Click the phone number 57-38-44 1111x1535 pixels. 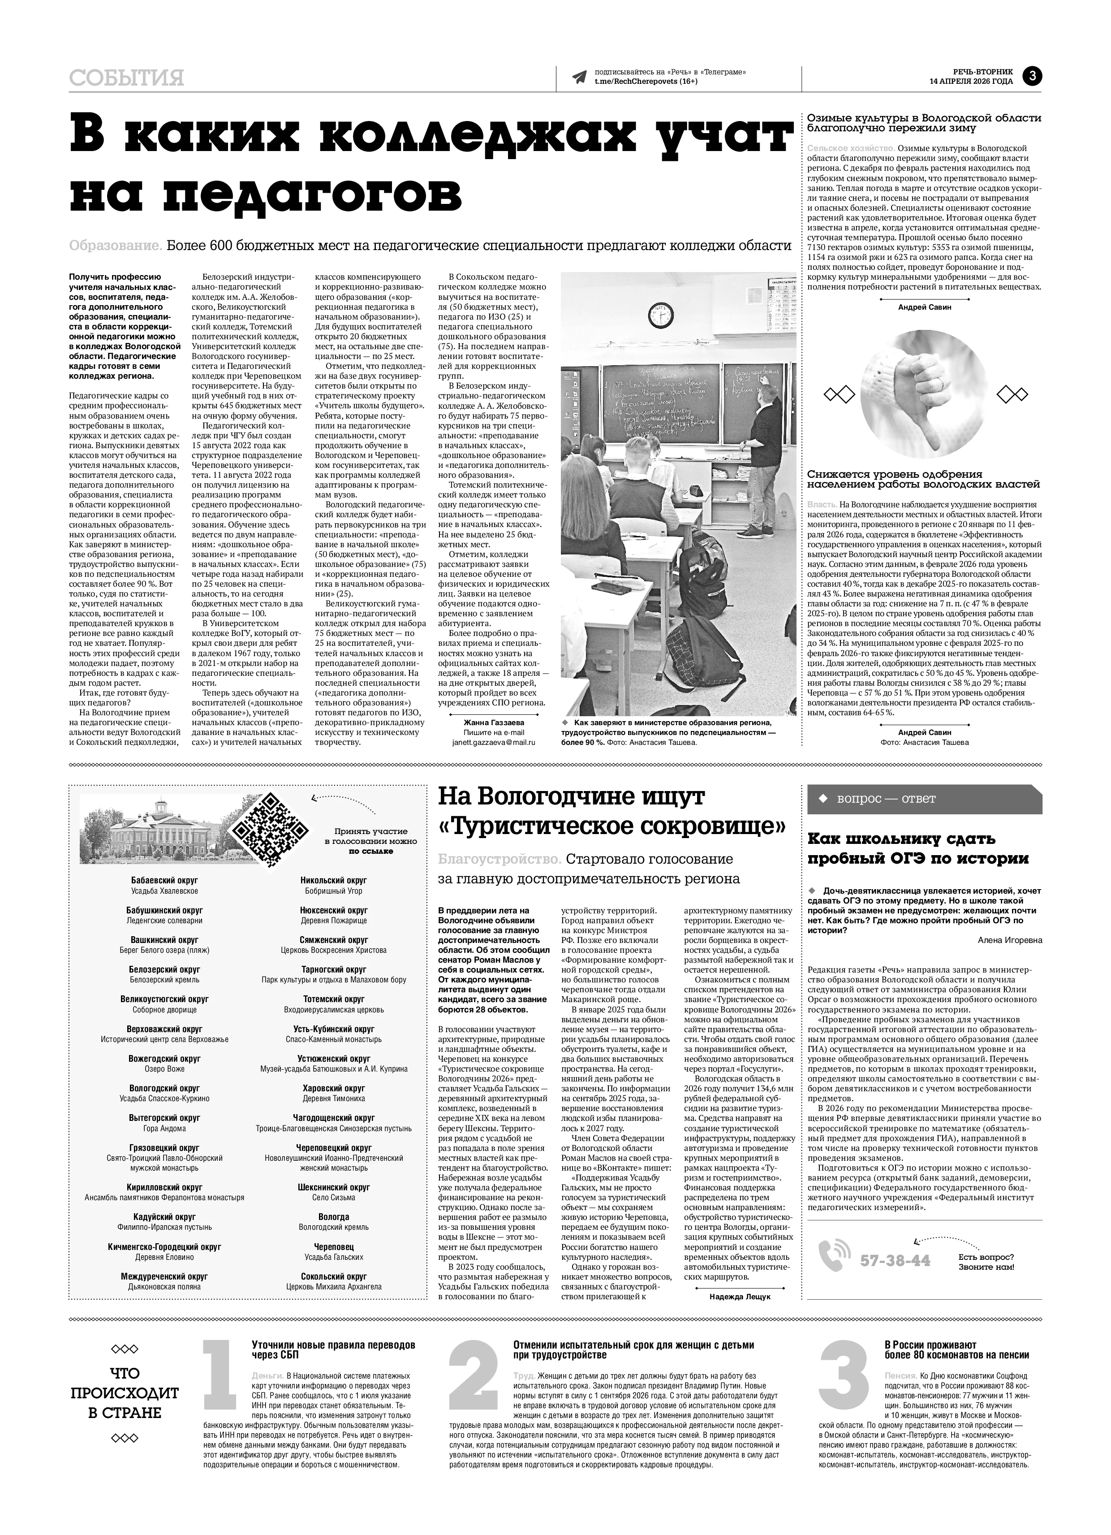tap(895, 1260)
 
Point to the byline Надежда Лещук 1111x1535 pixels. tap(740, 1297)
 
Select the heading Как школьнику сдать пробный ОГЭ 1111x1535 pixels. tap(918, 849)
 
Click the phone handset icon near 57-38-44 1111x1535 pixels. tap(834, 1257)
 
